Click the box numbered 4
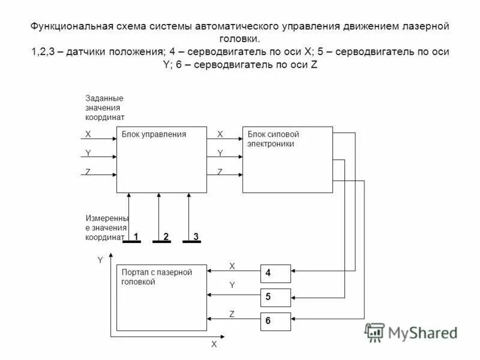click(x=275, y=273)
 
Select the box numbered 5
click(x=275, y=297)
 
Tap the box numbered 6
click(x=275, y=321)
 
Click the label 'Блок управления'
click(x=154, y=134)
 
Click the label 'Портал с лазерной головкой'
click(x=157, y=277)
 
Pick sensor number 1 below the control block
click(x=136, y=238)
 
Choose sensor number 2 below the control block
click(x=165, y=238)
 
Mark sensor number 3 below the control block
click(x=195, y=238)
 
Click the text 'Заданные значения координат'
click(x=104, y=107)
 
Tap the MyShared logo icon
click(x=375, y=332)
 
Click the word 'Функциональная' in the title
click(x=69, y=27)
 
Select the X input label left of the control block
click(x=88, y=134)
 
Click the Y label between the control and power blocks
click(x=220, y=153)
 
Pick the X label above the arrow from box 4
click(x=232, y=265)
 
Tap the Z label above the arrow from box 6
click(x=232, y=314)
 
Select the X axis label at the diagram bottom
click(x=213, y=345)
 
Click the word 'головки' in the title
click(x=239, y=40)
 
